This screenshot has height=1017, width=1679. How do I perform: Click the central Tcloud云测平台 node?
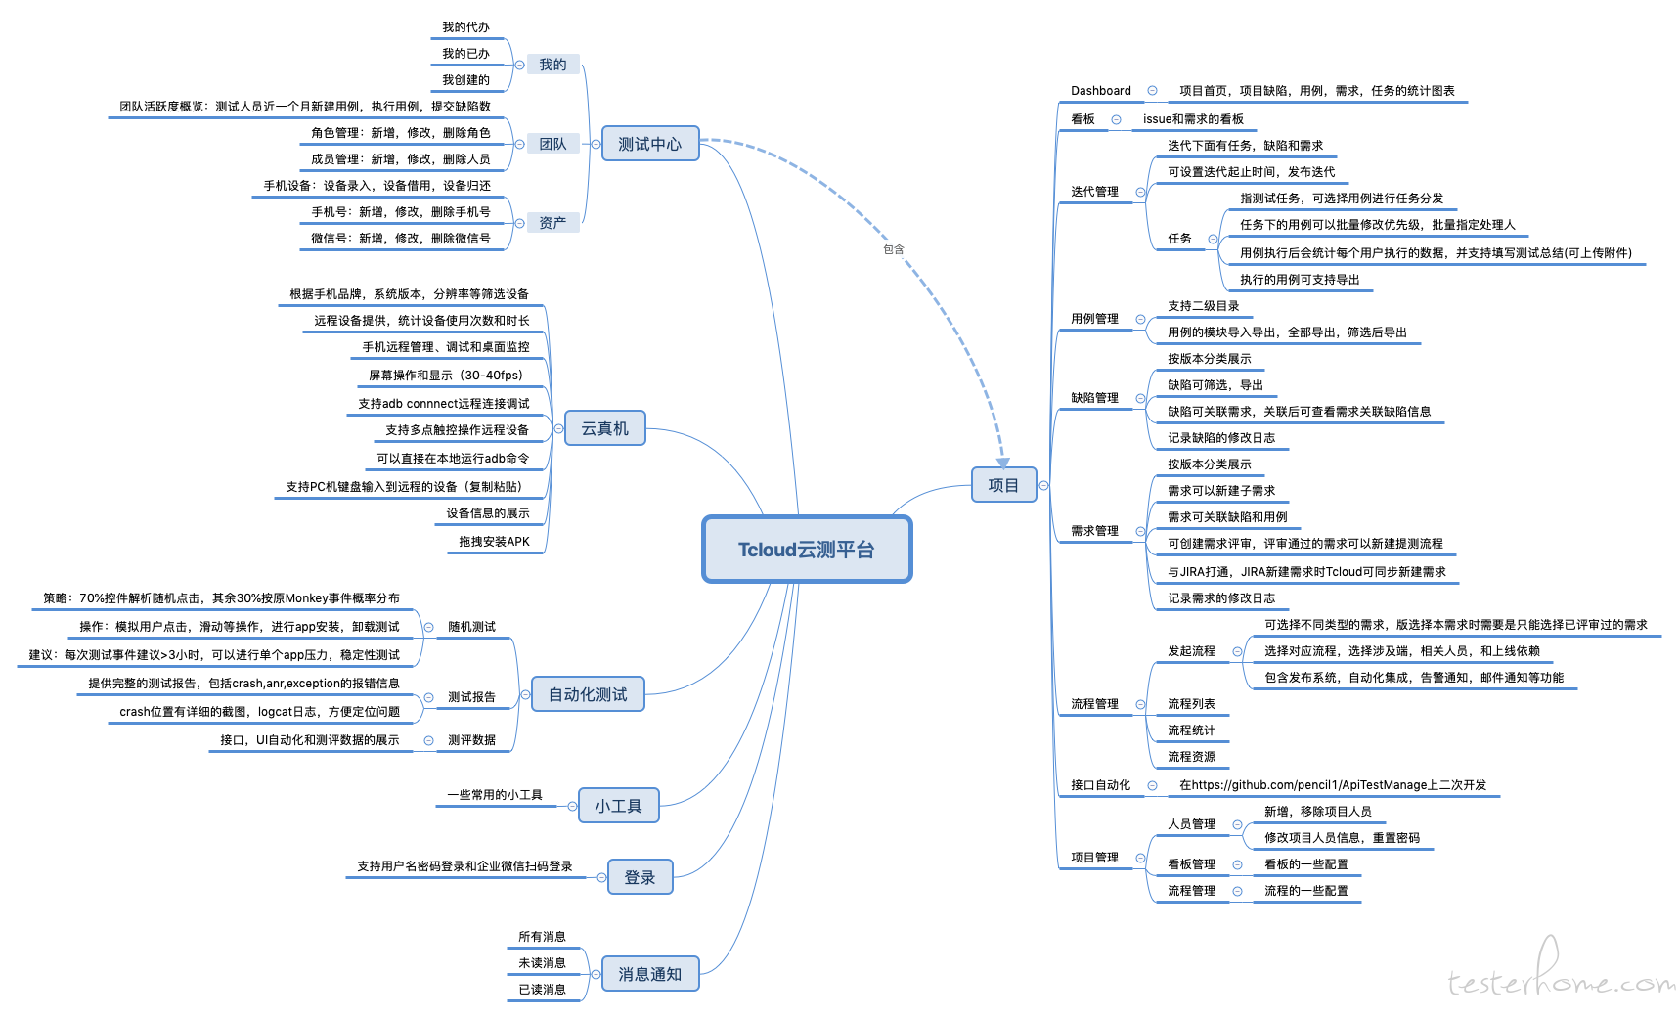[x=807, y=550]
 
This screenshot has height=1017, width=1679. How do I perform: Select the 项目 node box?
[x=1003, y=485]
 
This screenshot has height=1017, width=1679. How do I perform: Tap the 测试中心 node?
[x=649, y=144]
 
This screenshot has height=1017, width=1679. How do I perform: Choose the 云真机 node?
[x=604, y=428]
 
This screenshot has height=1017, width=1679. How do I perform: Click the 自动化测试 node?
[x=588, y=694]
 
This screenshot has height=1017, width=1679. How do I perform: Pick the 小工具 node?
[x=618, y=806]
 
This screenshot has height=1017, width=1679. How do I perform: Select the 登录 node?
[x=640, y=877]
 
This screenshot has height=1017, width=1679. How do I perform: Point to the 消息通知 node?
[x=649, y=974]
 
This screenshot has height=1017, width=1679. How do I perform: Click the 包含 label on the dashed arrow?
[x=894, y=249]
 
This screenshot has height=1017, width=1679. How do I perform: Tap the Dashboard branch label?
[x=1100, y=91]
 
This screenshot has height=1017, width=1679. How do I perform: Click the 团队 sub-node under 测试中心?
[x=552, y=144]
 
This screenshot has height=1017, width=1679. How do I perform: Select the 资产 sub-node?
[x=552, y=223]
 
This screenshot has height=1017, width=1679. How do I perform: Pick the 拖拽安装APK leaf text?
[x=494, y=542]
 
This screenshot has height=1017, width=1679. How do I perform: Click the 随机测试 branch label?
[x=471, y=627]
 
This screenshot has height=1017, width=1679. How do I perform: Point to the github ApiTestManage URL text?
[x=1332, y=785]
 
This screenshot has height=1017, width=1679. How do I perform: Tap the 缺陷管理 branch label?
[x=1094, y=398]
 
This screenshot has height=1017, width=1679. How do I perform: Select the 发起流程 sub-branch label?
[x=1191, y=651]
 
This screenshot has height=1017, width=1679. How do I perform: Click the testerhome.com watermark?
[x=1561, y=981]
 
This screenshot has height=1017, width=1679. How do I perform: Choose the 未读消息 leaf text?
[x=542, y=963]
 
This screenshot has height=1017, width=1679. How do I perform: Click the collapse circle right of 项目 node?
[x=1044, y=486]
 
